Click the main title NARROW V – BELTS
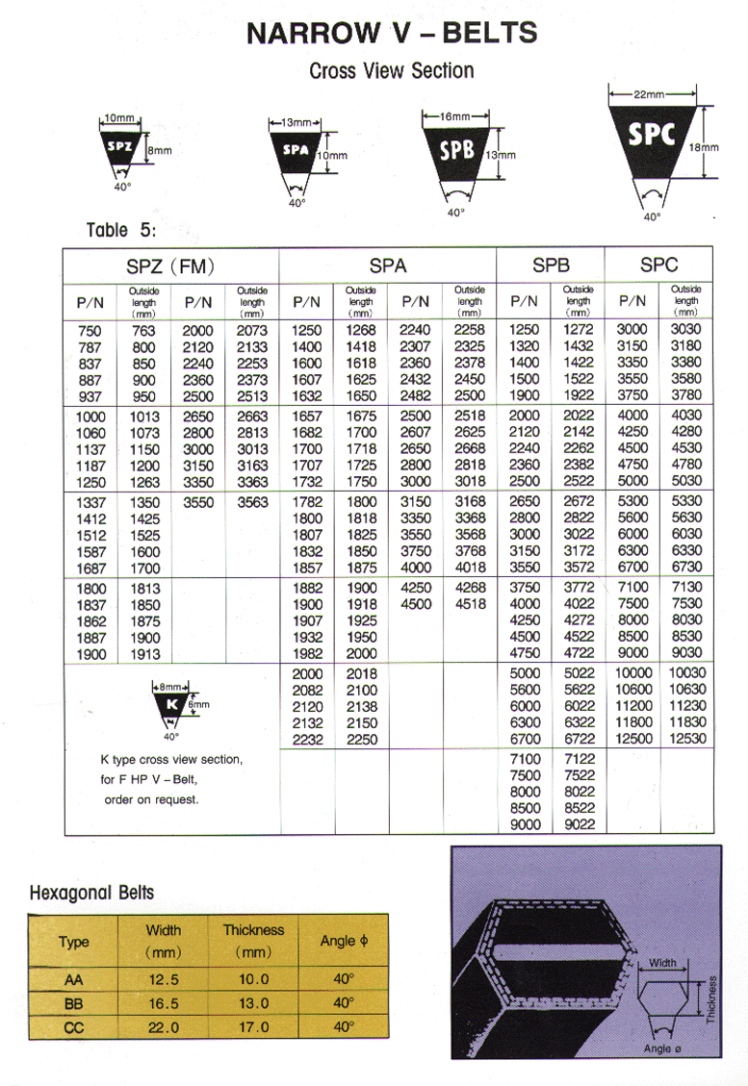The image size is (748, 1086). click(391, 33)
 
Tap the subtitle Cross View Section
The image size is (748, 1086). click(391, 70)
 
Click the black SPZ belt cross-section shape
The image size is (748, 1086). click(121, 148)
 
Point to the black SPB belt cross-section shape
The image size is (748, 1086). click(457, 152)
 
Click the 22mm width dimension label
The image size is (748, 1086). click(649, 94)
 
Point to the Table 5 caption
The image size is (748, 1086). click(120, 230)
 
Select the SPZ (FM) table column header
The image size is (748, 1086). click(170, 265)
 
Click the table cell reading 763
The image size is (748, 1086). click(142, 331)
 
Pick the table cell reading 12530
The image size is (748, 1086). click(686, 739)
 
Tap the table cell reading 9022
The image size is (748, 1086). click(579, 824)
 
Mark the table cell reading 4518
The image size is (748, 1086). click(470, 604)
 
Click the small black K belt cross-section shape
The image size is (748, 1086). click(169, 705)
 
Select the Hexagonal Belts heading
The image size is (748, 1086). click(92, 893)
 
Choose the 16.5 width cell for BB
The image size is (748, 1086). click(163, 1002)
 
